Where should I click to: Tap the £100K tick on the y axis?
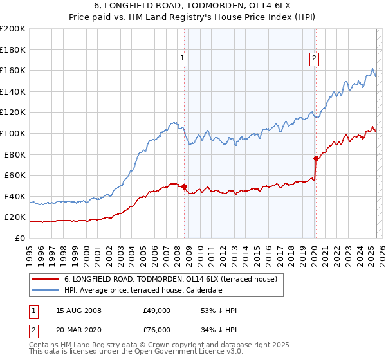click(x=13, y=133)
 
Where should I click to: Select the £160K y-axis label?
click(x=13, y=70)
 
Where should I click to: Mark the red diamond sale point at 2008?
click(x=184, y=187)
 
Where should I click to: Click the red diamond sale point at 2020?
click(x=316, y=158)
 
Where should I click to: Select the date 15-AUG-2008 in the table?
click(x=78, y=310)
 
